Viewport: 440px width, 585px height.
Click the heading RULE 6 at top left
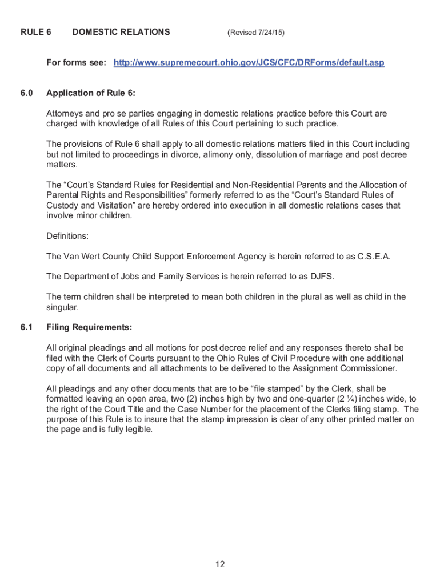pos(35,32)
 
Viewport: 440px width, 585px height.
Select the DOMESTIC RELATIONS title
pos(121,32)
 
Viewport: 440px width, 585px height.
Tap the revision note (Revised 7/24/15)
pos(255,33)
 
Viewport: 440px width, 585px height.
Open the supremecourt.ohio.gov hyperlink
pos(249,62)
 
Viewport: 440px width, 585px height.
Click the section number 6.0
pos(27,93)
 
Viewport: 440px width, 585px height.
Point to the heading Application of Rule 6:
pos(91,93)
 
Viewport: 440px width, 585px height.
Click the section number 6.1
pos(27,327)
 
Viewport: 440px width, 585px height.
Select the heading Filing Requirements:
pos(89,327)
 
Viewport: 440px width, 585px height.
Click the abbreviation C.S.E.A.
pos(373,256)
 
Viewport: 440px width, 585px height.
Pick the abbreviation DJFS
pos(322,277)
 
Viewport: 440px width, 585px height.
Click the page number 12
pos(220,565)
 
